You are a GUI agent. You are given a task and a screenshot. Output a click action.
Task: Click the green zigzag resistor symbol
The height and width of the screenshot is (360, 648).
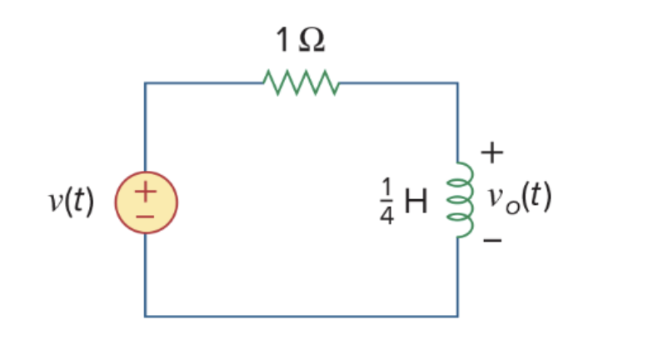click(300, 82)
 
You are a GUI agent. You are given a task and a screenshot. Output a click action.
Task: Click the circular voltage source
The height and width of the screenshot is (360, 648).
click(145, 202)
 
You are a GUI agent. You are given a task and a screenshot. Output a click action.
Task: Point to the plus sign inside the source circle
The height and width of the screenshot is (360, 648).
click(145, 192)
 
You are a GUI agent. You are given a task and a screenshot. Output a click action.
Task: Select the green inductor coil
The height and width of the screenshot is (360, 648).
click(461, 200)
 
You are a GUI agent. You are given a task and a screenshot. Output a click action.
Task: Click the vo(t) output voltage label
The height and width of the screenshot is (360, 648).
click(519, 199)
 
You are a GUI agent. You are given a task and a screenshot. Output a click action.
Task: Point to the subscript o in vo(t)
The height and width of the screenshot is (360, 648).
click(504, 205)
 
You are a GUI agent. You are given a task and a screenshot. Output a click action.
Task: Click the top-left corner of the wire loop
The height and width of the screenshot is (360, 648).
click(145, 83)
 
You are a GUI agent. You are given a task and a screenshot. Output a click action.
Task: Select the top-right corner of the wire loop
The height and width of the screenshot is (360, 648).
click(457, 83)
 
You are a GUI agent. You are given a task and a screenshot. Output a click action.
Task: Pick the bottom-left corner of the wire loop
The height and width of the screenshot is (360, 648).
click(145, 316)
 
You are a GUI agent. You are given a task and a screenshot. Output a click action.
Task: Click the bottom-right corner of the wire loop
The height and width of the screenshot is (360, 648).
click(457, 316)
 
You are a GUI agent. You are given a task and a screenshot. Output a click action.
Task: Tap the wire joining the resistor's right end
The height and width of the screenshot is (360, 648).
click(396, 83)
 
